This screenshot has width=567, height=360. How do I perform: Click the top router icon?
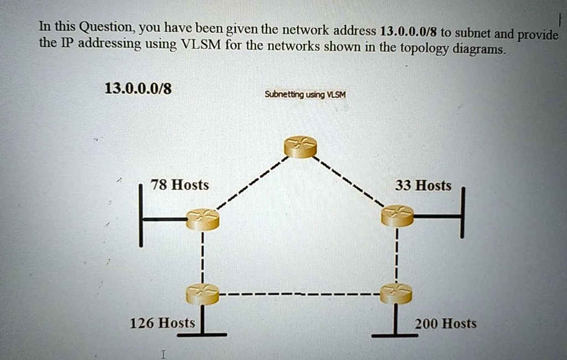coord(301,147)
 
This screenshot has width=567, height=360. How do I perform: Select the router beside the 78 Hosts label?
coord(203,219)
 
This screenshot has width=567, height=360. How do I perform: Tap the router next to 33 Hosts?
coord(398,216)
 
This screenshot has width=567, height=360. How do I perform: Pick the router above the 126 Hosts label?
coord(203,294)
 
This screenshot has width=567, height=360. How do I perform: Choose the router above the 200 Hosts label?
coord(396,294)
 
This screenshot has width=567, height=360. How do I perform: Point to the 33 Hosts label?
coord(423,186)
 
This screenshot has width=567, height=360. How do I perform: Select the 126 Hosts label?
coord(162,323)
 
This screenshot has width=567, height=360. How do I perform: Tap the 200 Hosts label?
coord(446,323)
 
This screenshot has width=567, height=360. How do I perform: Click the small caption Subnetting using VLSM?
coord(305,95)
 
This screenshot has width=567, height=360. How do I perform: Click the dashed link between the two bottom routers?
coord(300,294)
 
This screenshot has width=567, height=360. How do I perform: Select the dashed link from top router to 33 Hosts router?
coord(349,182)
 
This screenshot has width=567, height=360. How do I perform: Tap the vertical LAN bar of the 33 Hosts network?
coord(462,213)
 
